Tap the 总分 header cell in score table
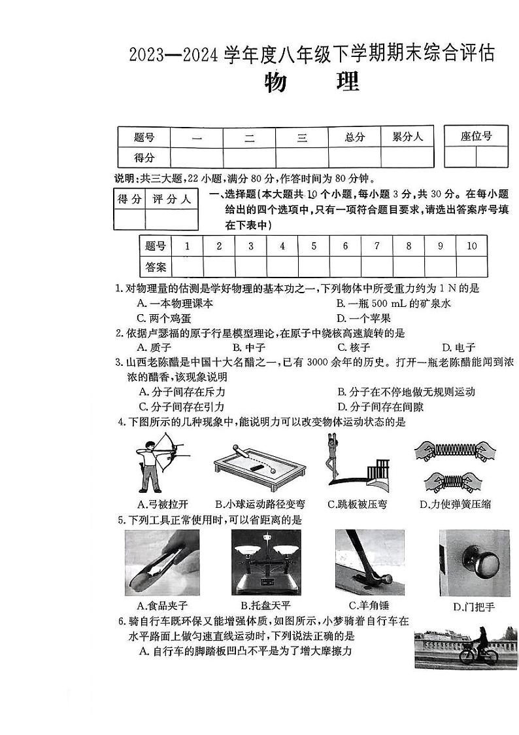point(354,137)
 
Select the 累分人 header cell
point(407,137)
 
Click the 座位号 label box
point(476,136)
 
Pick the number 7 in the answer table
point(377,246)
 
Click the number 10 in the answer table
point(471,246)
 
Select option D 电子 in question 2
point(458,348)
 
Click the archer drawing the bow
point(156,462)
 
